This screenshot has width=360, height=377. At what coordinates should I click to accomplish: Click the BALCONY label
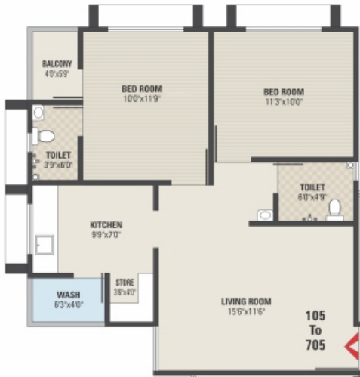[57, 63]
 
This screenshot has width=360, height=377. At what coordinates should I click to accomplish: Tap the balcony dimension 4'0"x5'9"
[57, 74]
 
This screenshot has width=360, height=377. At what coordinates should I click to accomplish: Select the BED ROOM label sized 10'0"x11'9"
[142, 88]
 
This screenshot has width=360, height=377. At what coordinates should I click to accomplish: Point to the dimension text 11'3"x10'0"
[284, 102]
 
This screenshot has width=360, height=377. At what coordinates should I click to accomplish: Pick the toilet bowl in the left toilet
[45, 137]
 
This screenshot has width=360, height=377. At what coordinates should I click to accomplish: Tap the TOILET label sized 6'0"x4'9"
[312, 187]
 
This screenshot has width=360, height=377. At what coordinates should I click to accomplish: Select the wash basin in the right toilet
[265, 215]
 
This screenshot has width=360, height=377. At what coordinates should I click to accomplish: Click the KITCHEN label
[106, 225]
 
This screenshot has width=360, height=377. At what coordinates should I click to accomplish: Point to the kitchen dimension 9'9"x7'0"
[106, 235]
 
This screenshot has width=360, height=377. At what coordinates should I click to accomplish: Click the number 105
[315, 315]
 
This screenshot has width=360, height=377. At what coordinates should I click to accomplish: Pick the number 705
[315, 345]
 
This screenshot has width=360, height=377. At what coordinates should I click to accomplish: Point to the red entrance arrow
[351, 348]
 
